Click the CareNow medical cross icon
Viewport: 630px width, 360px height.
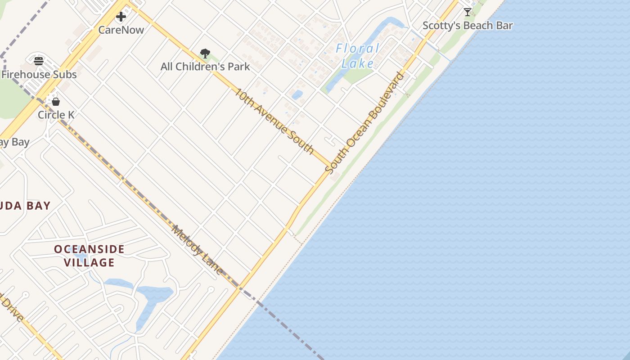tap(121, 17)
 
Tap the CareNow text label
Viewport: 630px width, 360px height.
tap(121, 30)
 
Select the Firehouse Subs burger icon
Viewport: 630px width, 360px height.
tap(39, 61)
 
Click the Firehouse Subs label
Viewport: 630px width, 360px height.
tap(39, 74)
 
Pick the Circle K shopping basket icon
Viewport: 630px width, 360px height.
tap(56, 102)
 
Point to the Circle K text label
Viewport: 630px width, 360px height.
tap(56, 115)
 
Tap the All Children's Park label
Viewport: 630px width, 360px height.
tap(205, 67)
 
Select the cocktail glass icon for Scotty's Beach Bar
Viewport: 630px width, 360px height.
tap(468, 12)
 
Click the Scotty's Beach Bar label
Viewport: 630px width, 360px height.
tap(468, 26)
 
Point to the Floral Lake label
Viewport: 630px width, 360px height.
tap(358, 56)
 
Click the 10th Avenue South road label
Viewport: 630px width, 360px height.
tap(274, 121)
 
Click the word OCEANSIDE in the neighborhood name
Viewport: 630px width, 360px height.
tap(89, 249)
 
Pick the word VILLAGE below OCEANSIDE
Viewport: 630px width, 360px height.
tap(89, 262)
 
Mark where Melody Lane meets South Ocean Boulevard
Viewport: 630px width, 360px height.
tap(239, 287)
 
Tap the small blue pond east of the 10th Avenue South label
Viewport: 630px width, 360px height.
tap(297, 95)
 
